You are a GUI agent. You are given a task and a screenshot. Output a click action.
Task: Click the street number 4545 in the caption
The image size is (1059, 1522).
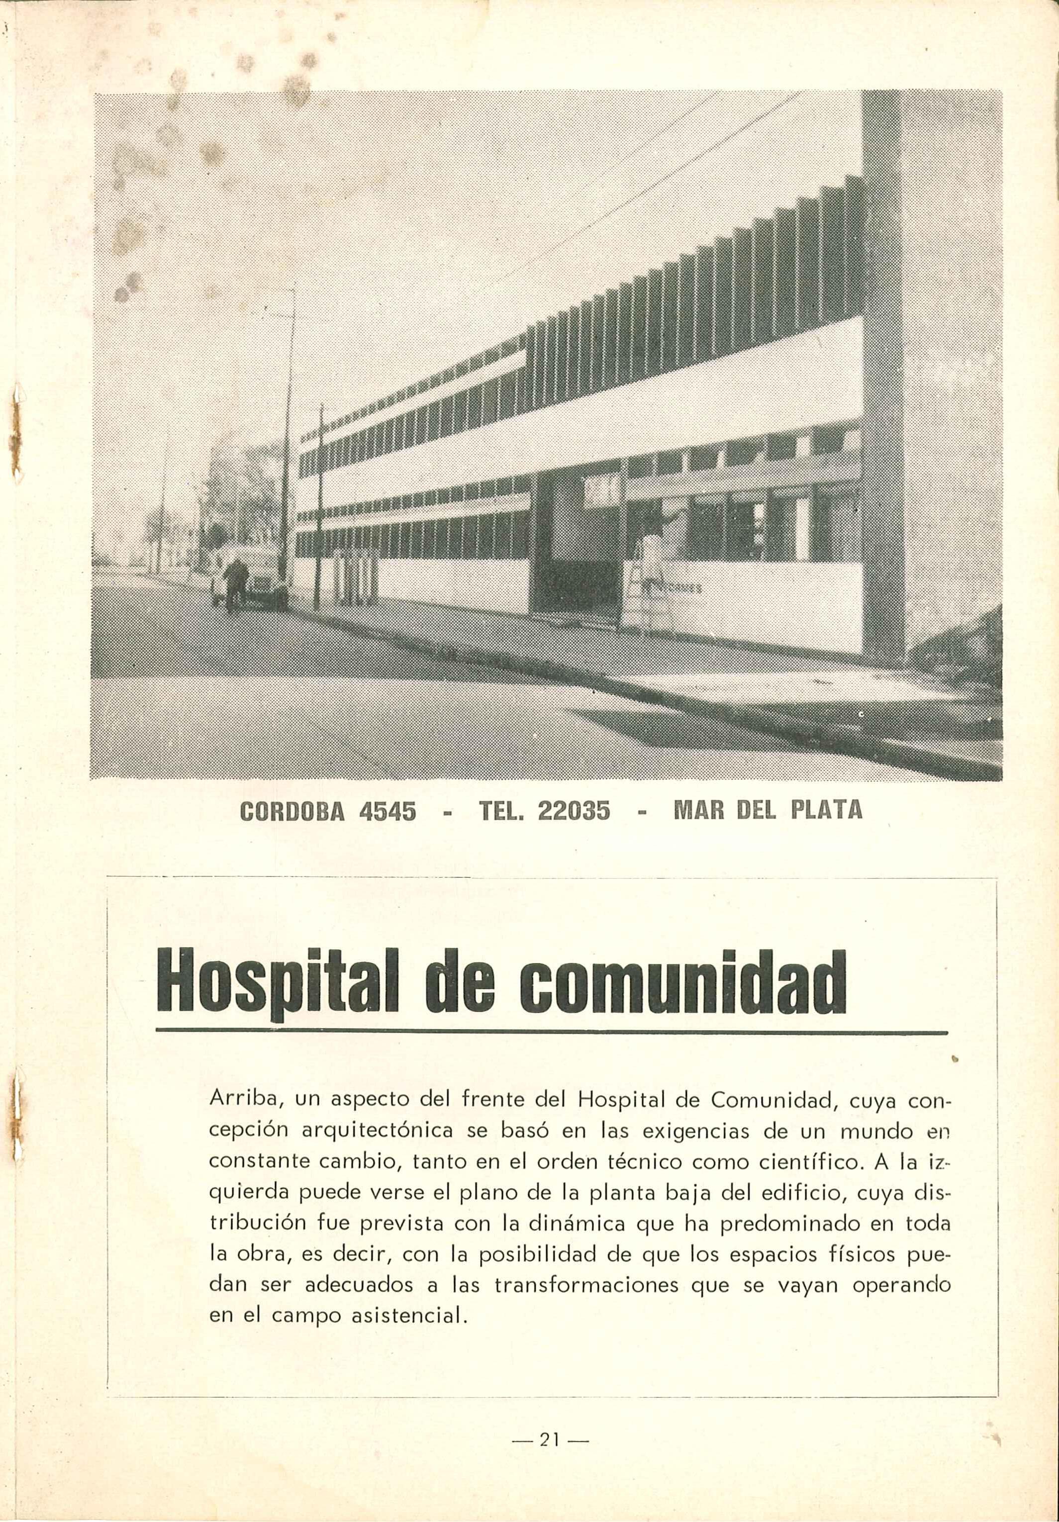tap(387, 810)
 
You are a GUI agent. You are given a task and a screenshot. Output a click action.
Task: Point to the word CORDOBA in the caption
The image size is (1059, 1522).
tap(290, 810)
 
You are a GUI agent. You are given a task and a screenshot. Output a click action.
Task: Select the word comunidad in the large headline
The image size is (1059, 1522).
tap(683, 988)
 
